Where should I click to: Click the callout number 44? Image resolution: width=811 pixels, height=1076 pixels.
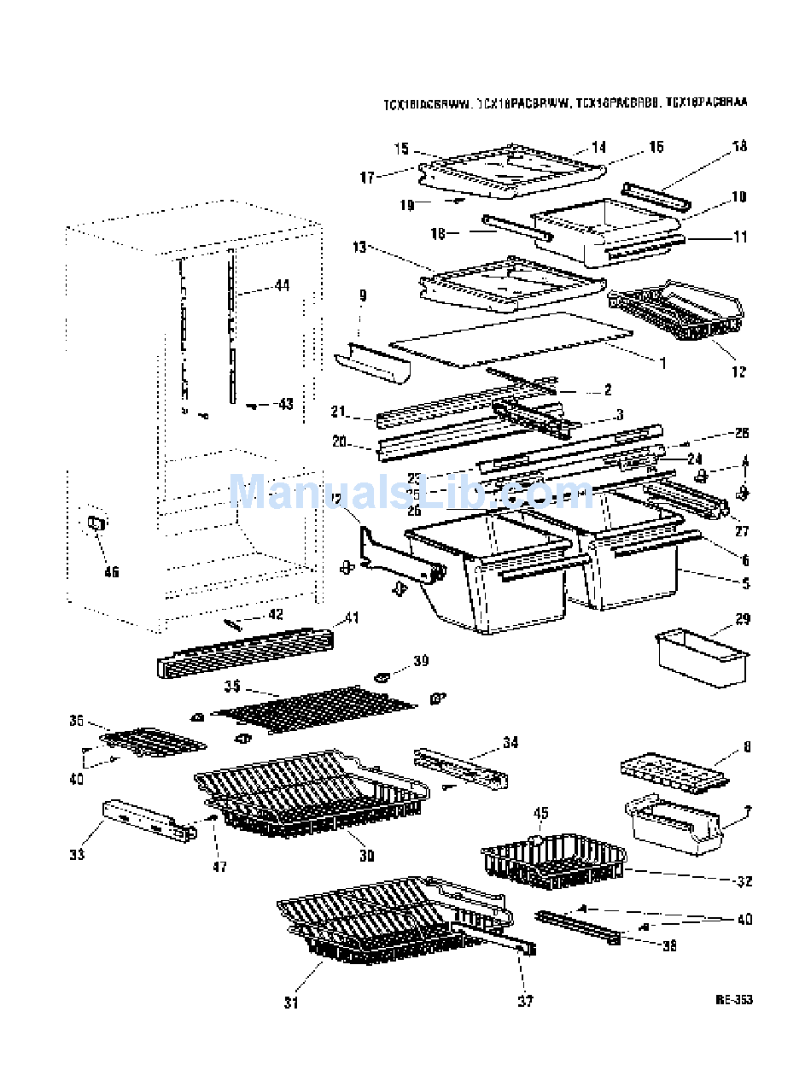pyautogui.click(x=281, y=285)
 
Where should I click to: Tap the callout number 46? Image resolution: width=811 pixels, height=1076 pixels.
pyautogui.click(x=111, y=571)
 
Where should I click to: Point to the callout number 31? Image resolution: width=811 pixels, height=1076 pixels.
pyautogui.click(x=292, y=1003)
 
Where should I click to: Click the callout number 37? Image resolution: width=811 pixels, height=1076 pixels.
pyautogui.click(x=526, y=1001)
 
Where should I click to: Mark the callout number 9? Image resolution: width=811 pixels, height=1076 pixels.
pyautogui.click(x=363, y=296)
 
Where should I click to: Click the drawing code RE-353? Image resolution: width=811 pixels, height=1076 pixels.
pyautogui.click(x=734, y=999)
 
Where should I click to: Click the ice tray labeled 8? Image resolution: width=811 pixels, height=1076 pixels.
pyautogui.click(x=674, y=769)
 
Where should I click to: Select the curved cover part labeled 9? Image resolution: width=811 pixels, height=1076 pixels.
pyautogui.click(x=373, y=363)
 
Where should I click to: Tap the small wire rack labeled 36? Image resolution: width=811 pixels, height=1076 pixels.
pyautogui.click(x=154, y=742)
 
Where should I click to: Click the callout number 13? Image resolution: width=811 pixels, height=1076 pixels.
pyautogui.click(x=359, y=247)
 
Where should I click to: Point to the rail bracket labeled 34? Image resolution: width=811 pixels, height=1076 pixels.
pyautogui.click(x=461, y=766)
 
